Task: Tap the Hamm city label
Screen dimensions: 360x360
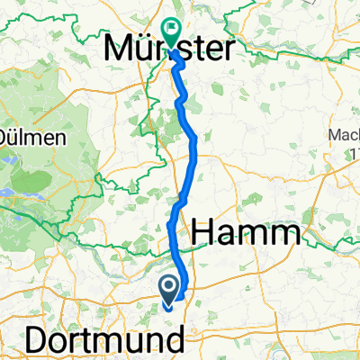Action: (245, 235)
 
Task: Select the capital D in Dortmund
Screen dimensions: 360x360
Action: (39, 340)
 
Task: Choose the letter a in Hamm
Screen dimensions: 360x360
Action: (234, 237)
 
